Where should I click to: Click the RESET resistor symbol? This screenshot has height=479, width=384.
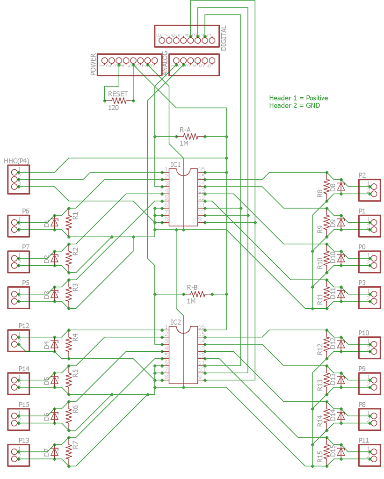119,100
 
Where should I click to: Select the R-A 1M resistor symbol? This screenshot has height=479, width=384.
190,137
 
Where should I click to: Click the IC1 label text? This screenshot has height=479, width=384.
175,165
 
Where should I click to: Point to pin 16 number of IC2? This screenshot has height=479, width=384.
202,327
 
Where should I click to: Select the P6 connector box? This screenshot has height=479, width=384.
18,225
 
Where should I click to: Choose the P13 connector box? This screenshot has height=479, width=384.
18,455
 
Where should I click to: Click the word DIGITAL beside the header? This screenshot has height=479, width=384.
224,38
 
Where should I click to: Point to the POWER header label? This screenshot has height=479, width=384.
93,65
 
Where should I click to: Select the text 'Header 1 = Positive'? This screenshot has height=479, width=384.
298,98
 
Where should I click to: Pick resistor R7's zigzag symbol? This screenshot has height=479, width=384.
69,451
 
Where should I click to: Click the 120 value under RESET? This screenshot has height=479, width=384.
113,108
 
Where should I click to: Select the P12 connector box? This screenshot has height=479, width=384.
18,341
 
